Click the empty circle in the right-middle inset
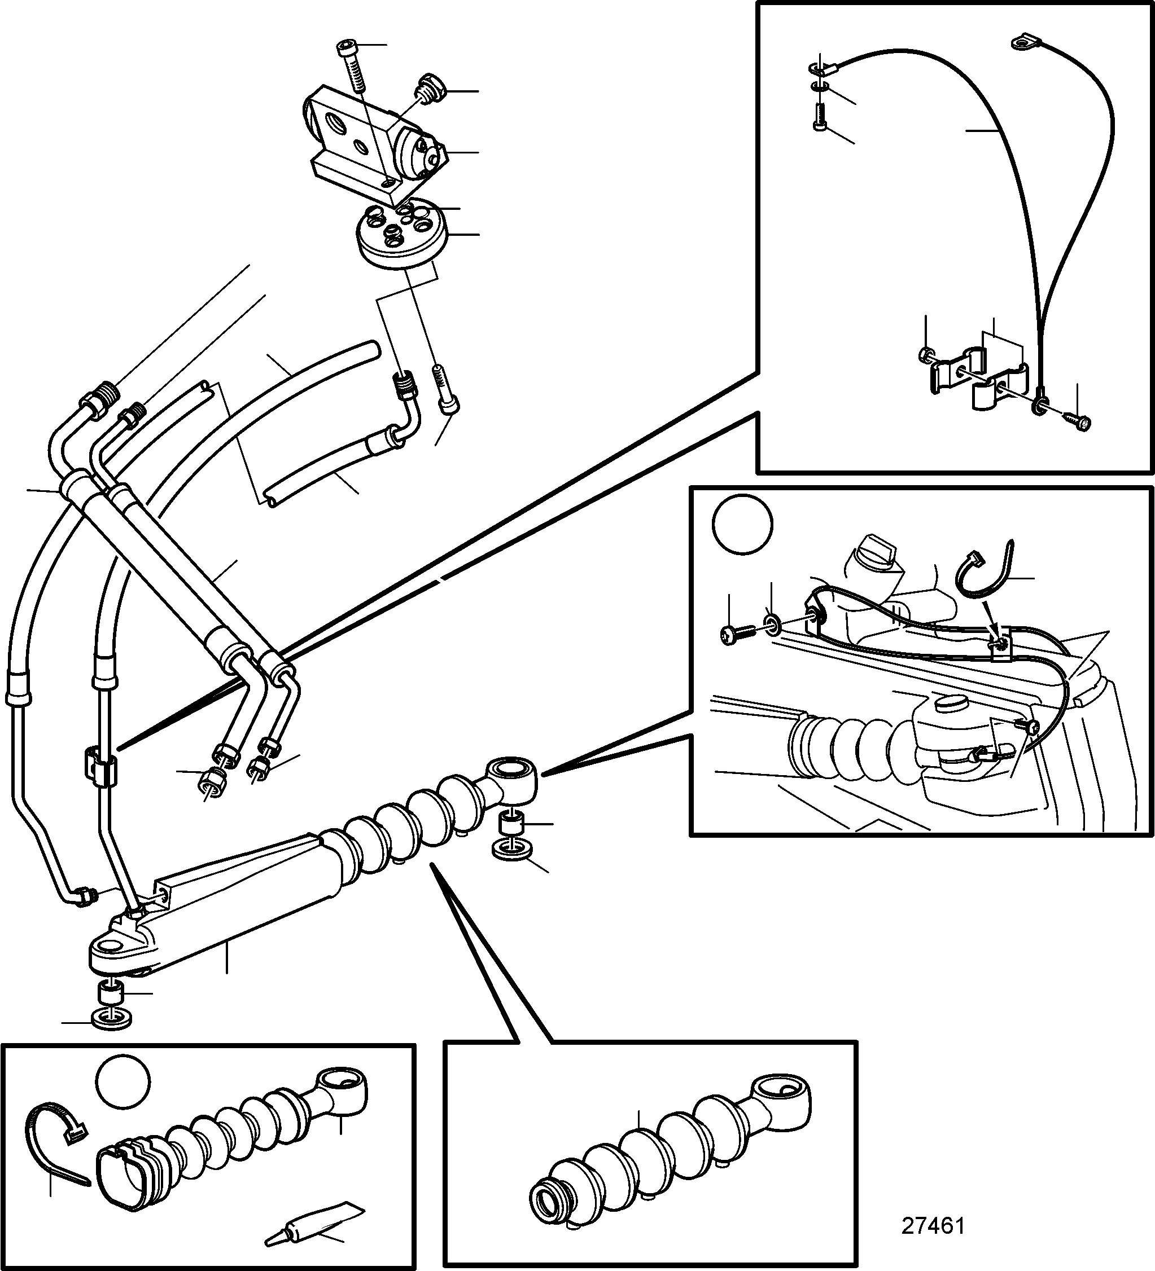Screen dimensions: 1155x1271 (x=742, y=525)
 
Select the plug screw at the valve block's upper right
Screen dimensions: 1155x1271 (x=430, y=86)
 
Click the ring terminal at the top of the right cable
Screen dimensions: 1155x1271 (x=1020, y=42)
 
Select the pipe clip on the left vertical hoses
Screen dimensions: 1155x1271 (x=100, y=766)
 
